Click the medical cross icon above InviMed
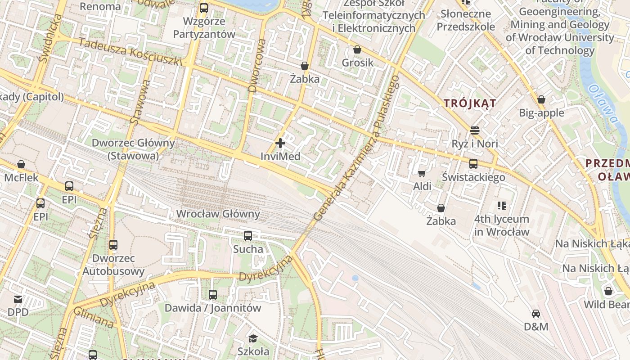tap(280, 144)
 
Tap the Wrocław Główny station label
tap(218, 214)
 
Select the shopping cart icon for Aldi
tap(422, 173)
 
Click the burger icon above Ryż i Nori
tap(475, 130)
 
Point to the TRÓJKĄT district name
tap(470, 103)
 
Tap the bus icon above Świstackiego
tap(473, 164)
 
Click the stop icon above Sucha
tap(248, 235)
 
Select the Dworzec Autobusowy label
tap(113, 265)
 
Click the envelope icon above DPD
tap(18, 299)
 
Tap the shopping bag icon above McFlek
tap(21, 164)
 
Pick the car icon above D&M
tap(536, 313)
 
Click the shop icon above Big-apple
tap(541, 99)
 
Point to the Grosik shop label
tap(357, 63)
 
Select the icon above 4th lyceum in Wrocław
tap(502, 206)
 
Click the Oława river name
tap(603, 104)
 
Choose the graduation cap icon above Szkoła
tap(253, 338)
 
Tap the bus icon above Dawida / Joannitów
tap(213, 295)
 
